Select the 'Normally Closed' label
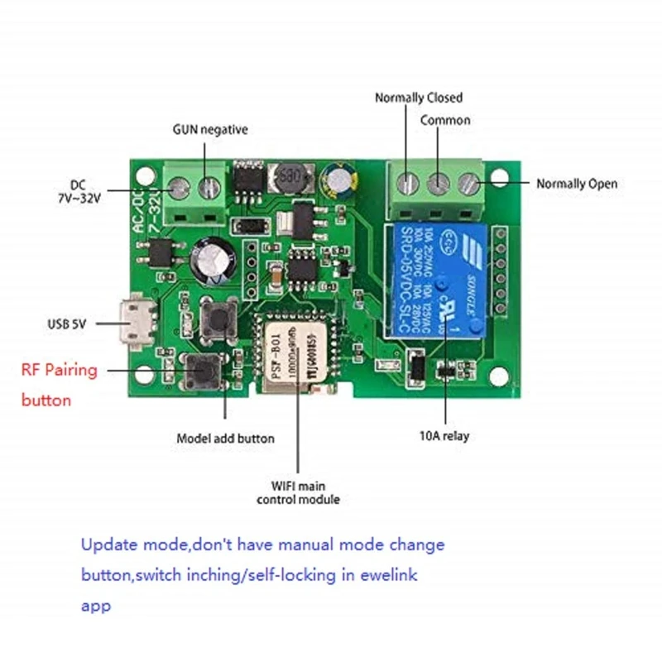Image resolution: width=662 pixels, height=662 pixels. pyautogui.click(x=419, y=98)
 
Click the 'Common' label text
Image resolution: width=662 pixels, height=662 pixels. pyautogui.click(x=445, y=120)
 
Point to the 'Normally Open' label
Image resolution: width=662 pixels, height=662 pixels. pyautogui.click(x=577, y=184)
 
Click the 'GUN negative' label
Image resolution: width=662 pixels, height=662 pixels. pyautogui.click(x=210, y=130)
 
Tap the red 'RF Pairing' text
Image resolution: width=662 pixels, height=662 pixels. pyautogui.click(x=59, y=370)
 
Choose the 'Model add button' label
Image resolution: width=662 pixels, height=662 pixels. pyautogui.click(x=225, y=438)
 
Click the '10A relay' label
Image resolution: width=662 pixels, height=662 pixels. pyautogui.click(x=445, y=436)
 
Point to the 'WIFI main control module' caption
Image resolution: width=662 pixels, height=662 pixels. pyautogui.click(x=298, y=492)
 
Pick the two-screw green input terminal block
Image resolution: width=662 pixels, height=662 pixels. pyautogui.click(x=194, y=192)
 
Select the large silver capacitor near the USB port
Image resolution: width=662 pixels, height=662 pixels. pyautogui.click(x=208, y=260)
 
